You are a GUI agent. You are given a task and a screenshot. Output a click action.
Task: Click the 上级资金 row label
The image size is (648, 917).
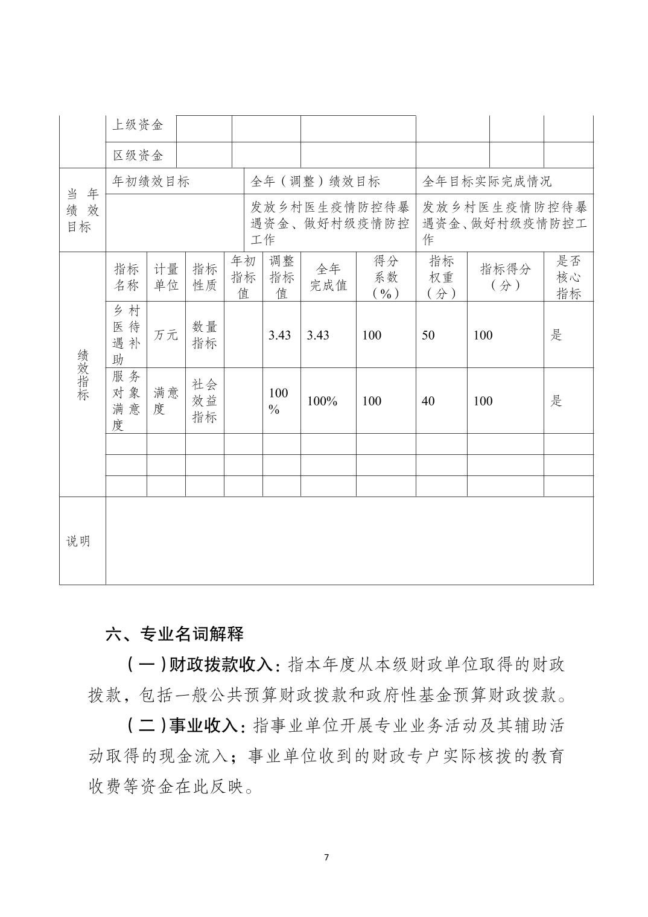138,125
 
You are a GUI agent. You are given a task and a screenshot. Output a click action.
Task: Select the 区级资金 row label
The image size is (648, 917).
138,156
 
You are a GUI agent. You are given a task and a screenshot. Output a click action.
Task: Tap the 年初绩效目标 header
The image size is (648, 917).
151,181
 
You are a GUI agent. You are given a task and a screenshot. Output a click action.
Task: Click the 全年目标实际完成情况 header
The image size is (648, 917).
487,181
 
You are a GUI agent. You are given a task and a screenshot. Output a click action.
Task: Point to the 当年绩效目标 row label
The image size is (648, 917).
82,211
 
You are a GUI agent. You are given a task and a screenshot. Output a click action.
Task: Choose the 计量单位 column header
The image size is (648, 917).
165,277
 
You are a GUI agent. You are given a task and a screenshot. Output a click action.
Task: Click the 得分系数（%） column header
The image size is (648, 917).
386,277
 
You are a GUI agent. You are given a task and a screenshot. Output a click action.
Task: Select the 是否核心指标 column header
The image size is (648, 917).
568,277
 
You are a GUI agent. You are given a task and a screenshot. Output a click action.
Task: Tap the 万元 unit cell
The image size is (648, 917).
165,335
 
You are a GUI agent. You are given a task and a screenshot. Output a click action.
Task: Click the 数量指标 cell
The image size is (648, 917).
205,335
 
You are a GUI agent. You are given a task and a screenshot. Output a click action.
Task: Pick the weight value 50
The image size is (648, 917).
428,335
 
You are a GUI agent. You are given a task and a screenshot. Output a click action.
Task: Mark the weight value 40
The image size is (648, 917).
428,401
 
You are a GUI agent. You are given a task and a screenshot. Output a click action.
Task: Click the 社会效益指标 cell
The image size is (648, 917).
205,401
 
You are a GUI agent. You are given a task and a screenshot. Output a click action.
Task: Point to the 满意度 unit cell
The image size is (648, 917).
165,401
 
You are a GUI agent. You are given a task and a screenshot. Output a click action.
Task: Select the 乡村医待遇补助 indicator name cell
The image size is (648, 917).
126,335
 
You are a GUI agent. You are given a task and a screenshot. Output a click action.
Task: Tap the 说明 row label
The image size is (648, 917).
78,541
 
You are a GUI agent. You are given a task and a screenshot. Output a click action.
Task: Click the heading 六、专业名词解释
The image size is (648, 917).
174,634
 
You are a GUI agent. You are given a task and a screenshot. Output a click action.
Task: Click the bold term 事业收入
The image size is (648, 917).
204,726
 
